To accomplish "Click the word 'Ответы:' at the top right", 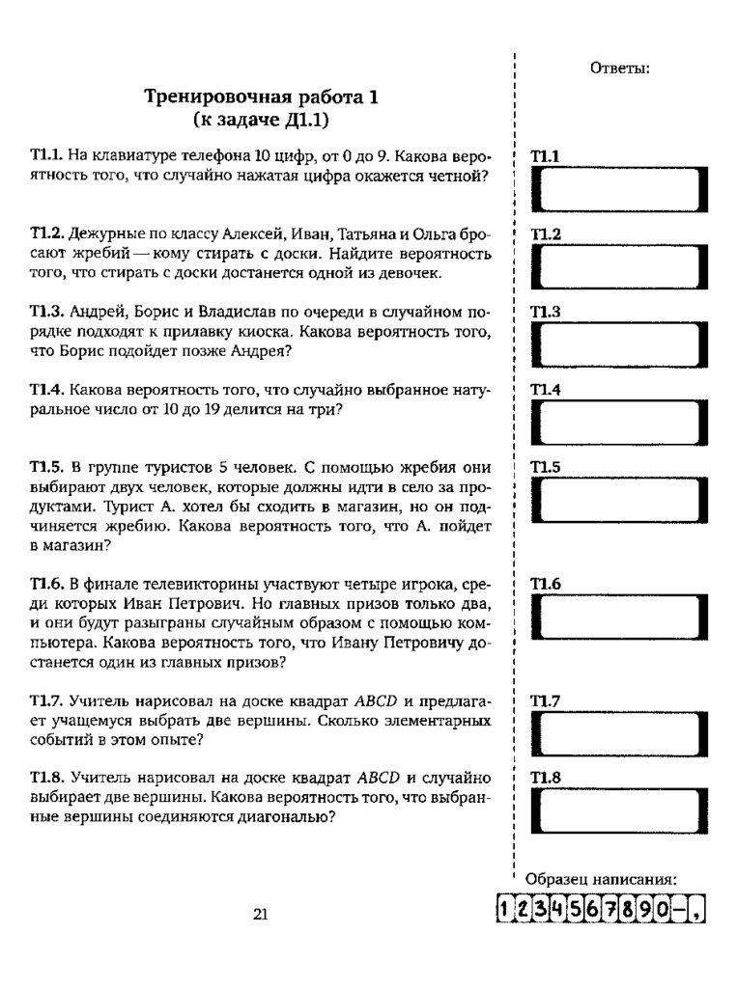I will click(x=618, y=68).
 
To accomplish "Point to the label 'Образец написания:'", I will click(x=600, y=879).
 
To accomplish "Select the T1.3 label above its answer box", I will click(x=546, y=313).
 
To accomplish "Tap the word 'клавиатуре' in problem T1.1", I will click(x=129, y=155).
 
